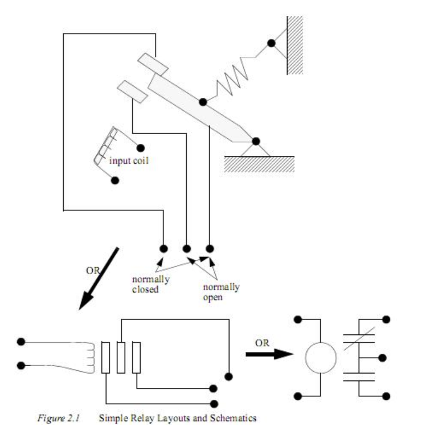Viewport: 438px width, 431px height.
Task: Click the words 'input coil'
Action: tap(129, 161)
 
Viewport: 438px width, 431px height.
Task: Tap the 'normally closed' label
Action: tap(151, 284)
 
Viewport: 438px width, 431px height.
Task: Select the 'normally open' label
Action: tap(221, 292)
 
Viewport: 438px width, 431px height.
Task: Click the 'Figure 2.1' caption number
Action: tap(59, 418)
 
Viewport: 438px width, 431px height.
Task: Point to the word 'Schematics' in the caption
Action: tap(234, 418)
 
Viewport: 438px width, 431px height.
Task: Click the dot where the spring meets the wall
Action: tap(271, 43)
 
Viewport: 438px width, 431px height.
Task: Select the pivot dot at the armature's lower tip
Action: tap(256, 142)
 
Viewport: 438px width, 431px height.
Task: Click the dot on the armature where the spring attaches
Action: tap(203, 102)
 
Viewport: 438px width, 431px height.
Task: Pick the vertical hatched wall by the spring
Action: tap(295, 45)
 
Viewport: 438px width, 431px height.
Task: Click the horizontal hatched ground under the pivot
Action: tap(259, 164)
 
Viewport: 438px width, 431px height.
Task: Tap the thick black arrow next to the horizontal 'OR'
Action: tap(269, 354)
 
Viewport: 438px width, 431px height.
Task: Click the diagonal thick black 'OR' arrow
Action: tap(99, 279)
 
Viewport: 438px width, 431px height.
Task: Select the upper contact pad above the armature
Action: tap(153, 64)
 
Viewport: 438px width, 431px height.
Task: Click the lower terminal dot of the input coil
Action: tap(115, 180)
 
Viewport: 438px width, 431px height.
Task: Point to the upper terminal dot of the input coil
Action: tap(141, 148)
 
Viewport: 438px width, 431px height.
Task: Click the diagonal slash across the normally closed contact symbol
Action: tap(359, 339)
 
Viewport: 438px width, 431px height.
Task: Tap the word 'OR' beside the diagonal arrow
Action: tap(93, 271)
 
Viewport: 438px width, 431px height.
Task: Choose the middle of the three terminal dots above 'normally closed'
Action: tap(187, 248)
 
